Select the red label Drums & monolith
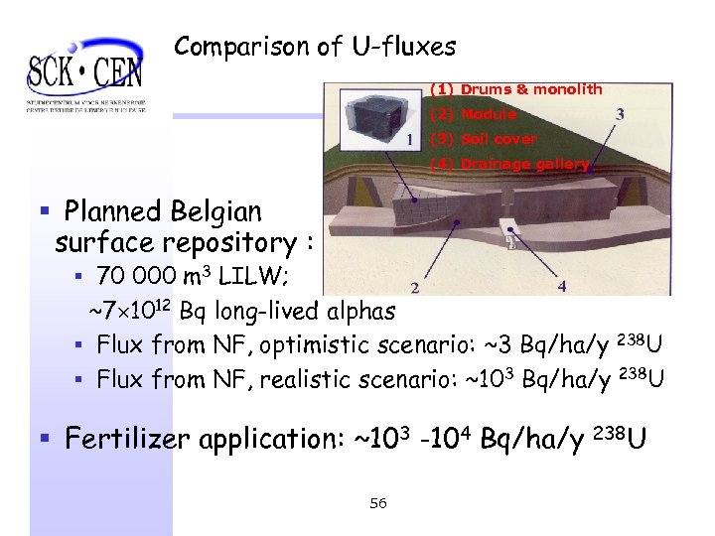(x=516, y=89)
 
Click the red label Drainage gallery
(x=509, y=164)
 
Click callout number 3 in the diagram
(x=621, y=114)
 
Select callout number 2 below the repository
(x=414, y=288)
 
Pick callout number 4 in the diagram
(x=563, y=286)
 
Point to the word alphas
(x=355, y=311)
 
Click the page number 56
(x=377, y=503)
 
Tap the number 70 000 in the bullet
(x=140, y=275)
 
